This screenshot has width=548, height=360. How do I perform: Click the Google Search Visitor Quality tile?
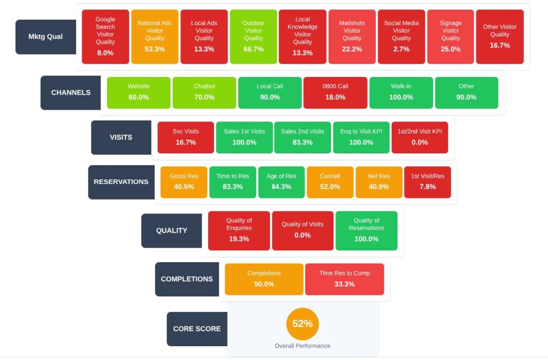click(x=105, y=37)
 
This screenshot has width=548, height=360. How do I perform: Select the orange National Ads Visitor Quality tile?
click(x=155, y=37)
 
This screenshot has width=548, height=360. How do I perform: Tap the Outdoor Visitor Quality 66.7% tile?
click(x=253, y=37)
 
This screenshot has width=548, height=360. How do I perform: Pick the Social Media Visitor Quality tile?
click(x=401, y=37)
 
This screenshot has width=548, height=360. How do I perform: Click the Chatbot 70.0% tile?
click(x=204, y=93)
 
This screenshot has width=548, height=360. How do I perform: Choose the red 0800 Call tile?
click(x=335, y=93)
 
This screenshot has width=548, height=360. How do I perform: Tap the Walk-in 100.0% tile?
click(x=401, y=93)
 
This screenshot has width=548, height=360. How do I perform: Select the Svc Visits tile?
click(x=185, y=137)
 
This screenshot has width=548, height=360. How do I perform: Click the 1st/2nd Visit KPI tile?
click(x=420, y=137)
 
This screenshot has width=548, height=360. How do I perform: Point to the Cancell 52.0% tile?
click(x=330, y=182)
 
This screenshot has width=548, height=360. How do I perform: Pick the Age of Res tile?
click(x=281, y=182)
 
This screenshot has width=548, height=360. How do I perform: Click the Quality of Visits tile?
click(x=302, y=231)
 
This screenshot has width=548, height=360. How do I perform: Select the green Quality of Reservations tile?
click(x=366, y=231)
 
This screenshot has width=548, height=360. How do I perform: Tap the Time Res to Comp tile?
click(x=344, y=279)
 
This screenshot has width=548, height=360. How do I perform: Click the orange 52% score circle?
click(x=302, y=324)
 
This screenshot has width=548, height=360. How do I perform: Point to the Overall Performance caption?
click(x=302, y=346)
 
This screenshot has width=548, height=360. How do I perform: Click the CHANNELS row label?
click(x=71, y=93)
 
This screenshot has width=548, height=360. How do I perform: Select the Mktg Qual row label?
click(x=45, y=37)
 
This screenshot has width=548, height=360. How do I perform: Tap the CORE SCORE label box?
click(x=197, y=329)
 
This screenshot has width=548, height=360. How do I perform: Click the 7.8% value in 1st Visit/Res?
click(x=427, y=187)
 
